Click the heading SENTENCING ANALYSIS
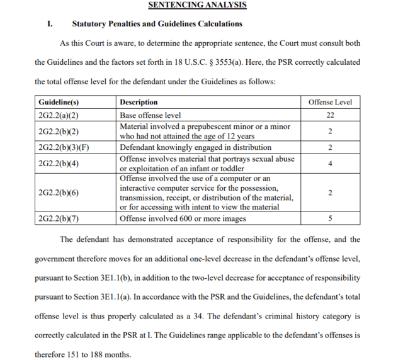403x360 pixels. coord(197,5)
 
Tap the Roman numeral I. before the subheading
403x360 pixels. coord(50,24)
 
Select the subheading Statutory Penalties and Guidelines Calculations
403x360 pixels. coord(157,24)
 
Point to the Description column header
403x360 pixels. coord(139,102)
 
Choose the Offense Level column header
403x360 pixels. coord(330,102)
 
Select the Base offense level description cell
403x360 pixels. coord(150,115)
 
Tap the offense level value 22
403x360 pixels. coord(330,115)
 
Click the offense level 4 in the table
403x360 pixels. coord(330,164)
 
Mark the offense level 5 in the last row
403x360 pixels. coord(330,218)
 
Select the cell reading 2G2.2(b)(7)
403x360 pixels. coord(61,218)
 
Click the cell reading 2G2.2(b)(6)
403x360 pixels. coord(61,193)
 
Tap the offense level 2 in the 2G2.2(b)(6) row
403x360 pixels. coord(330,193)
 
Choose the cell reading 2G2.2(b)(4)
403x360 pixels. coord(61,164)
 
